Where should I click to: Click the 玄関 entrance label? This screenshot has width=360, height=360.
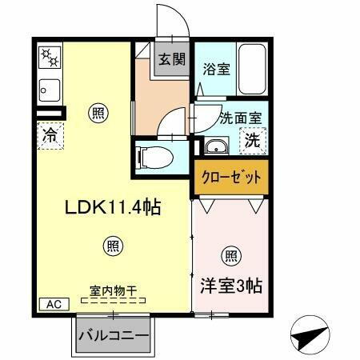[x=169, y=59]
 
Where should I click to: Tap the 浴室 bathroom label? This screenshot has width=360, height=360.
[x=217, y=69]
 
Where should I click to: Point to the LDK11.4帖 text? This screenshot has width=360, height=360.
[x=114, y=207]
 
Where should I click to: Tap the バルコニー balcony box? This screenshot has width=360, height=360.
[x=114, y=336]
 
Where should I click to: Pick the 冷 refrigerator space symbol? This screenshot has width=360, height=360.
[x=50, y=135]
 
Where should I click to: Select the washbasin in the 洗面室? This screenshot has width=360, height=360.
[x=215, y=146]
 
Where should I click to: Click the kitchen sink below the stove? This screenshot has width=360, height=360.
[x=50, y=89]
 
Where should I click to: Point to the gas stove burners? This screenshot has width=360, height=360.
[x=50, y=58]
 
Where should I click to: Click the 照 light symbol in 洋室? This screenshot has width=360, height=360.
[x=230, y=256]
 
